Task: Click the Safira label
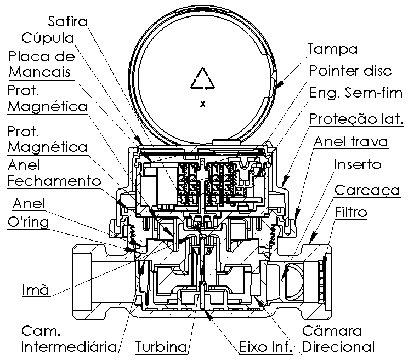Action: coord(67,21)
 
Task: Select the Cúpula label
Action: coord(48,38)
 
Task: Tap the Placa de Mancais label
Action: coord(41,64)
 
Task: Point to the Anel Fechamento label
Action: coord(54,173)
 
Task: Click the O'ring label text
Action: coord(28,222)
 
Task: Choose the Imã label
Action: coord(36,289)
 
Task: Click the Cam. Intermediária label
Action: coord(69,339)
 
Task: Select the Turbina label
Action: coord(161,347)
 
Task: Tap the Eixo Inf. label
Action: coord(265,347)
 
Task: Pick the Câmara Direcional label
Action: coord(338,339)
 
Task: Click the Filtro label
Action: coord(351,213)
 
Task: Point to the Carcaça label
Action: coord(367,191)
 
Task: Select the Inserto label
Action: coord(358,164)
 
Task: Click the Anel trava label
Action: coord(351,142)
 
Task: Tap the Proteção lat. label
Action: coord(356,119)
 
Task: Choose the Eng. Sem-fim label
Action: coord(356,93)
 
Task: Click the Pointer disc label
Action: coord(351,71)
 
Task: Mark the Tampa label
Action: coord(332,49)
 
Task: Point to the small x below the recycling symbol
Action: coord(203,104)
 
